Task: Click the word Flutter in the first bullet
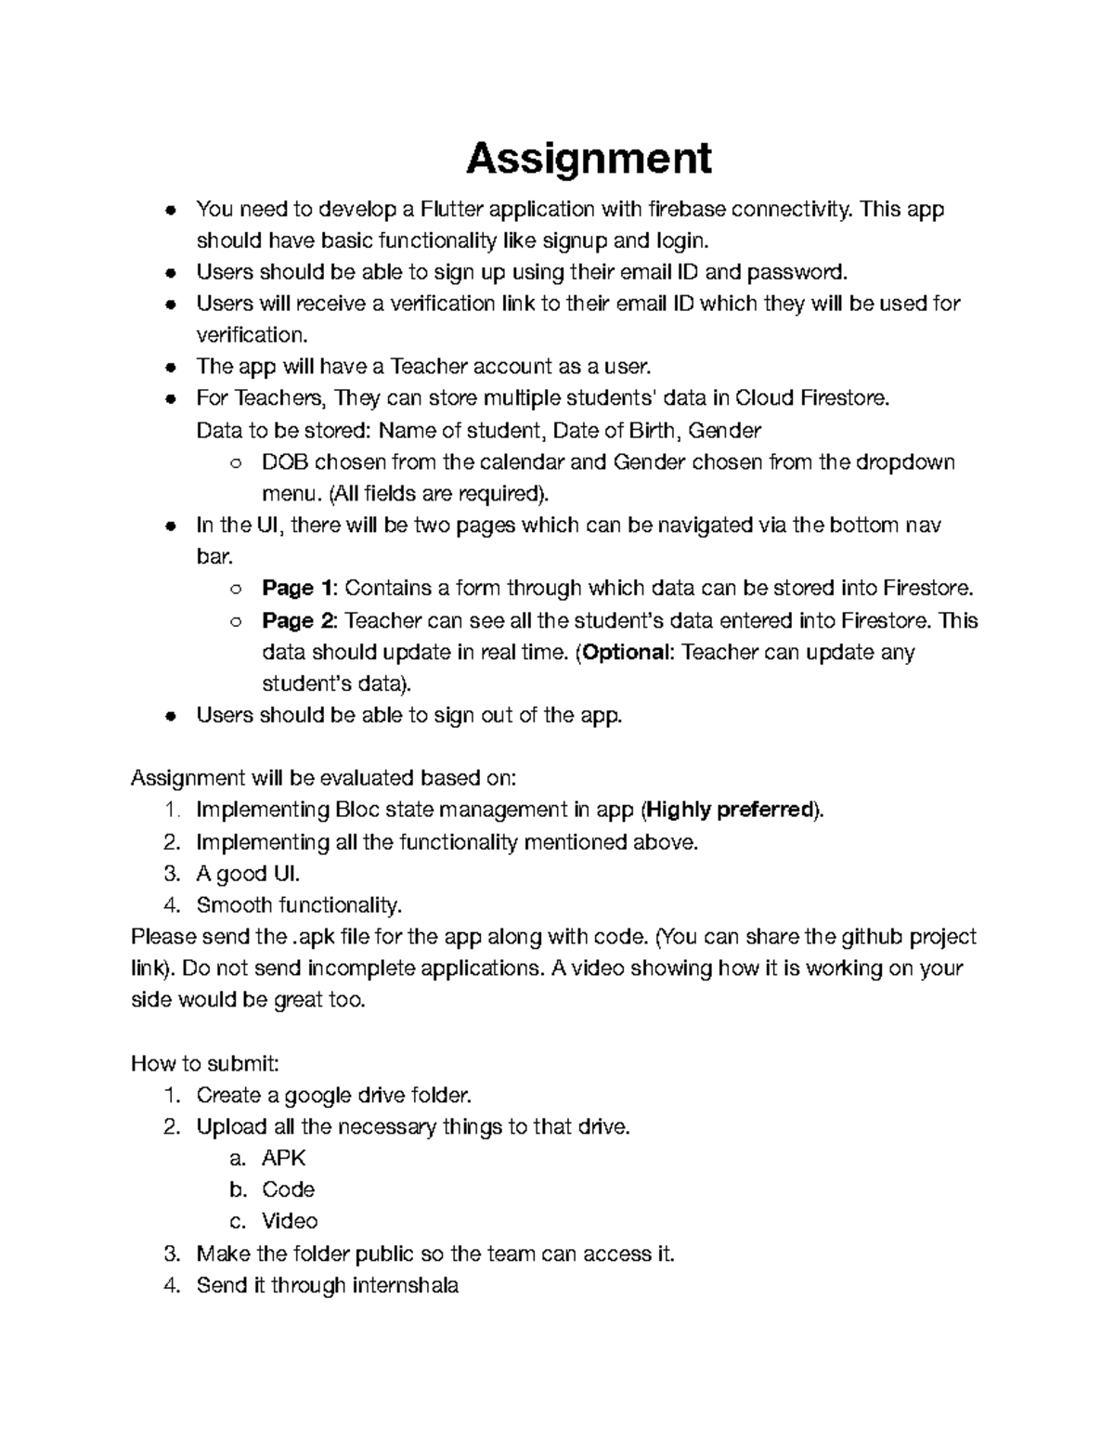(x=452, y=209)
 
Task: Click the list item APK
(x=283, y=1158)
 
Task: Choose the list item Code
(x=288, y=1189)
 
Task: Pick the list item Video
(x=290, y=1221)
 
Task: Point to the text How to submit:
(x=205, y=1063)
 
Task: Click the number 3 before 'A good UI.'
(x=170, y=873)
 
